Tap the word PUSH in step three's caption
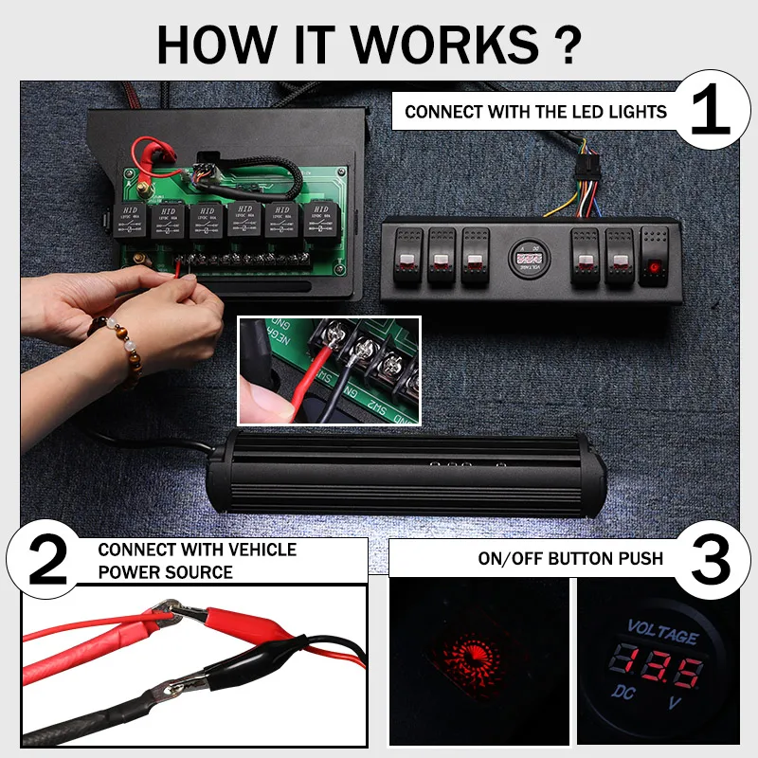(638, 558)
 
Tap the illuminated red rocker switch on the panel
(655, 257)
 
